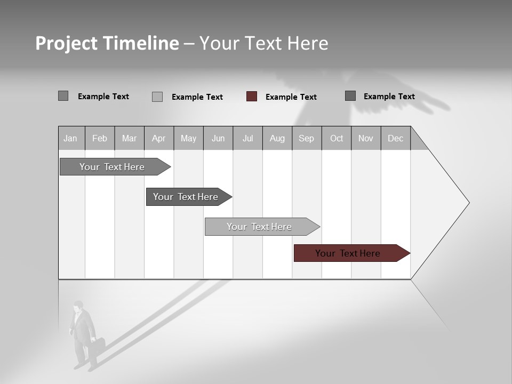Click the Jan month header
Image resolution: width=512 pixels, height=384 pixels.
(71, 138)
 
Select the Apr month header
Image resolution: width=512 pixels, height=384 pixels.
(159, 138)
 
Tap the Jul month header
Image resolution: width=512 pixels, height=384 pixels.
(247, 138)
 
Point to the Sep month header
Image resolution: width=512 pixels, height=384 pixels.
(307, 138)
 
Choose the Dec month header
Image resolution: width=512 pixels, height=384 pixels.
(395, 138)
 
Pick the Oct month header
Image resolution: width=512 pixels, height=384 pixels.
(337, 138)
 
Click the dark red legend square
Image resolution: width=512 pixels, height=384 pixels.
(252, 97)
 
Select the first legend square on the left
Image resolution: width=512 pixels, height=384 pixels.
(63, 96)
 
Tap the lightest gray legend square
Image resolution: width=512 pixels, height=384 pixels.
(157, 97)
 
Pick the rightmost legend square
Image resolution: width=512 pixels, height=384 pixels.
(350, 96)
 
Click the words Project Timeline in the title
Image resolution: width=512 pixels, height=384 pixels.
(107, 43)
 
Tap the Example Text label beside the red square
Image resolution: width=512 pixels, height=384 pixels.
(291, 97)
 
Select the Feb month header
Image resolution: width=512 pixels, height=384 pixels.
(100, 138)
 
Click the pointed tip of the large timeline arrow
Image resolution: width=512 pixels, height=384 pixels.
(468, 203)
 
